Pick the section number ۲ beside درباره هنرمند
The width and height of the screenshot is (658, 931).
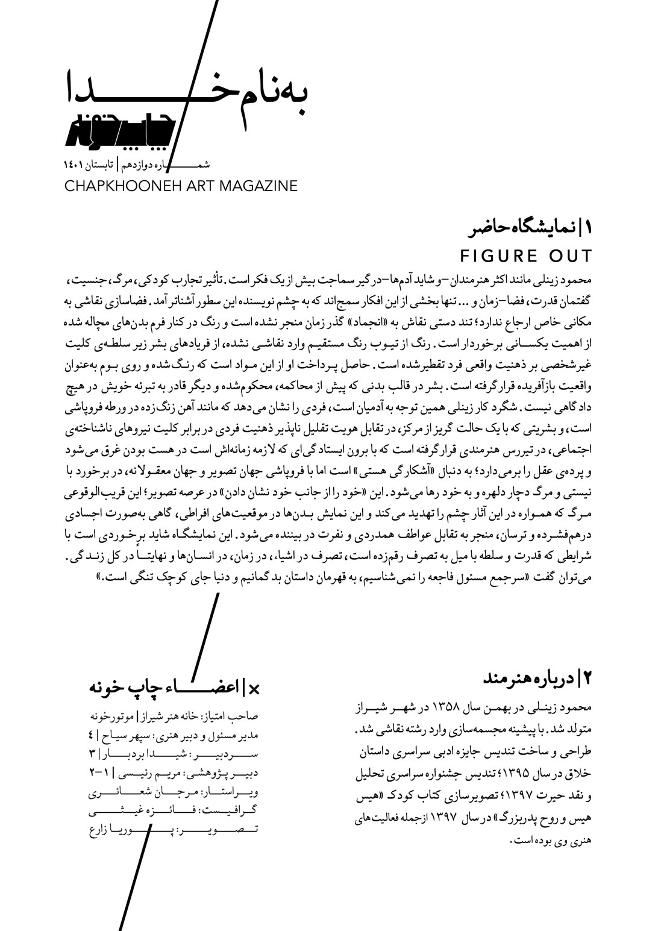tap(589, 679)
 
